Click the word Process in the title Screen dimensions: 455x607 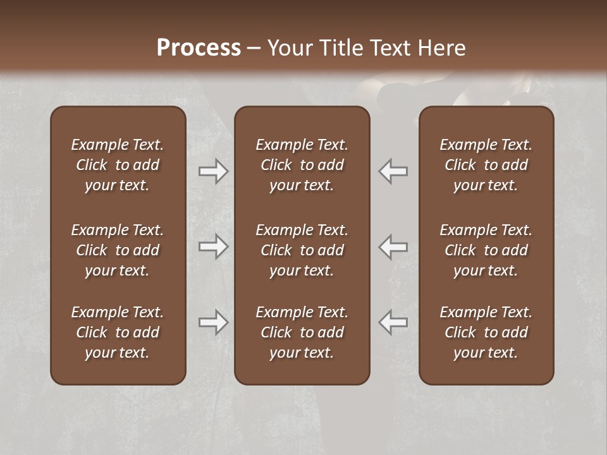pos(199,48)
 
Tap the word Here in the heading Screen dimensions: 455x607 pos(442,48)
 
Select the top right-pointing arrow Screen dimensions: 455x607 pos(213,171)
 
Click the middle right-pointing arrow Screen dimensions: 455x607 pos(213,246)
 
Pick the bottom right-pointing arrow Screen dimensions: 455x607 pos(213,322)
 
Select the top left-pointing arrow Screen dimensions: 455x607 pos(393,171)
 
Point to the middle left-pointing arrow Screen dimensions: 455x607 pos(393,246)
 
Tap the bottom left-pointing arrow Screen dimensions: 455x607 pos(393,322)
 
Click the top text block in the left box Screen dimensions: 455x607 pos(118,165)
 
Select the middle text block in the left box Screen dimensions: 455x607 pos(118,250)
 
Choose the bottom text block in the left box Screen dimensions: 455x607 pos(118,332)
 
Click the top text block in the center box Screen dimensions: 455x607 pos(302,165)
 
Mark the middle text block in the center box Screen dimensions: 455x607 pos(302,250)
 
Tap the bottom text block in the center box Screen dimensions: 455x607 pos(302,332)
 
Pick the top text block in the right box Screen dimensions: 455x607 pos(486,165)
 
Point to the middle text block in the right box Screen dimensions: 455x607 pos(486,250)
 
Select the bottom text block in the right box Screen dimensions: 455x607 pos(486,332)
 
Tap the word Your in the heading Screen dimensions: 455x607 pos(288,48)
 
